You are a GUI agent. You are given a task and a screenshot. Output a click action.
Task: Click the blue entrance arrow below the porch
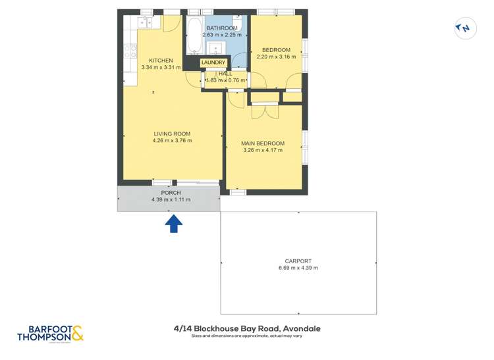coord(173,224)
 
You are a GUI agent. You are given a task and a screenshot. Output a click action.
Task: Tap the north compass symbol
coord(464,28)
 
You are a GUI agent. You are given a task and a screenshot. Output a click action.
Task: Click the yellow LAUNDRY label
coord(213,63)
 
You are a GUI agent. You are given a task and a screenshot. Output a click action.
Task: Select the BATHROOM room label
coord(222,28)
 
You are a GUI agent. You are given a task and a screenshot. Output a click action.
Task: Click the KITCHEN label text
coord(161,61)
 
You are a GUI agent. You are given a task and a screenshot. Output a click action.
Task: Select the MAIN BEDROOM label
coord(263,143)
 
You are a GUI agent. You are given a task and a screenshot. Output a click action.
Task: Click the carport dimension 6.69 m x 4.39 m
coord(298,268)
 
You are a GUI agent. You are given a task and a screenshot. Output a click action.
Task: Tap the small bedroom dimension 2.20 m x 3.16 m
coord(276,57)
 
